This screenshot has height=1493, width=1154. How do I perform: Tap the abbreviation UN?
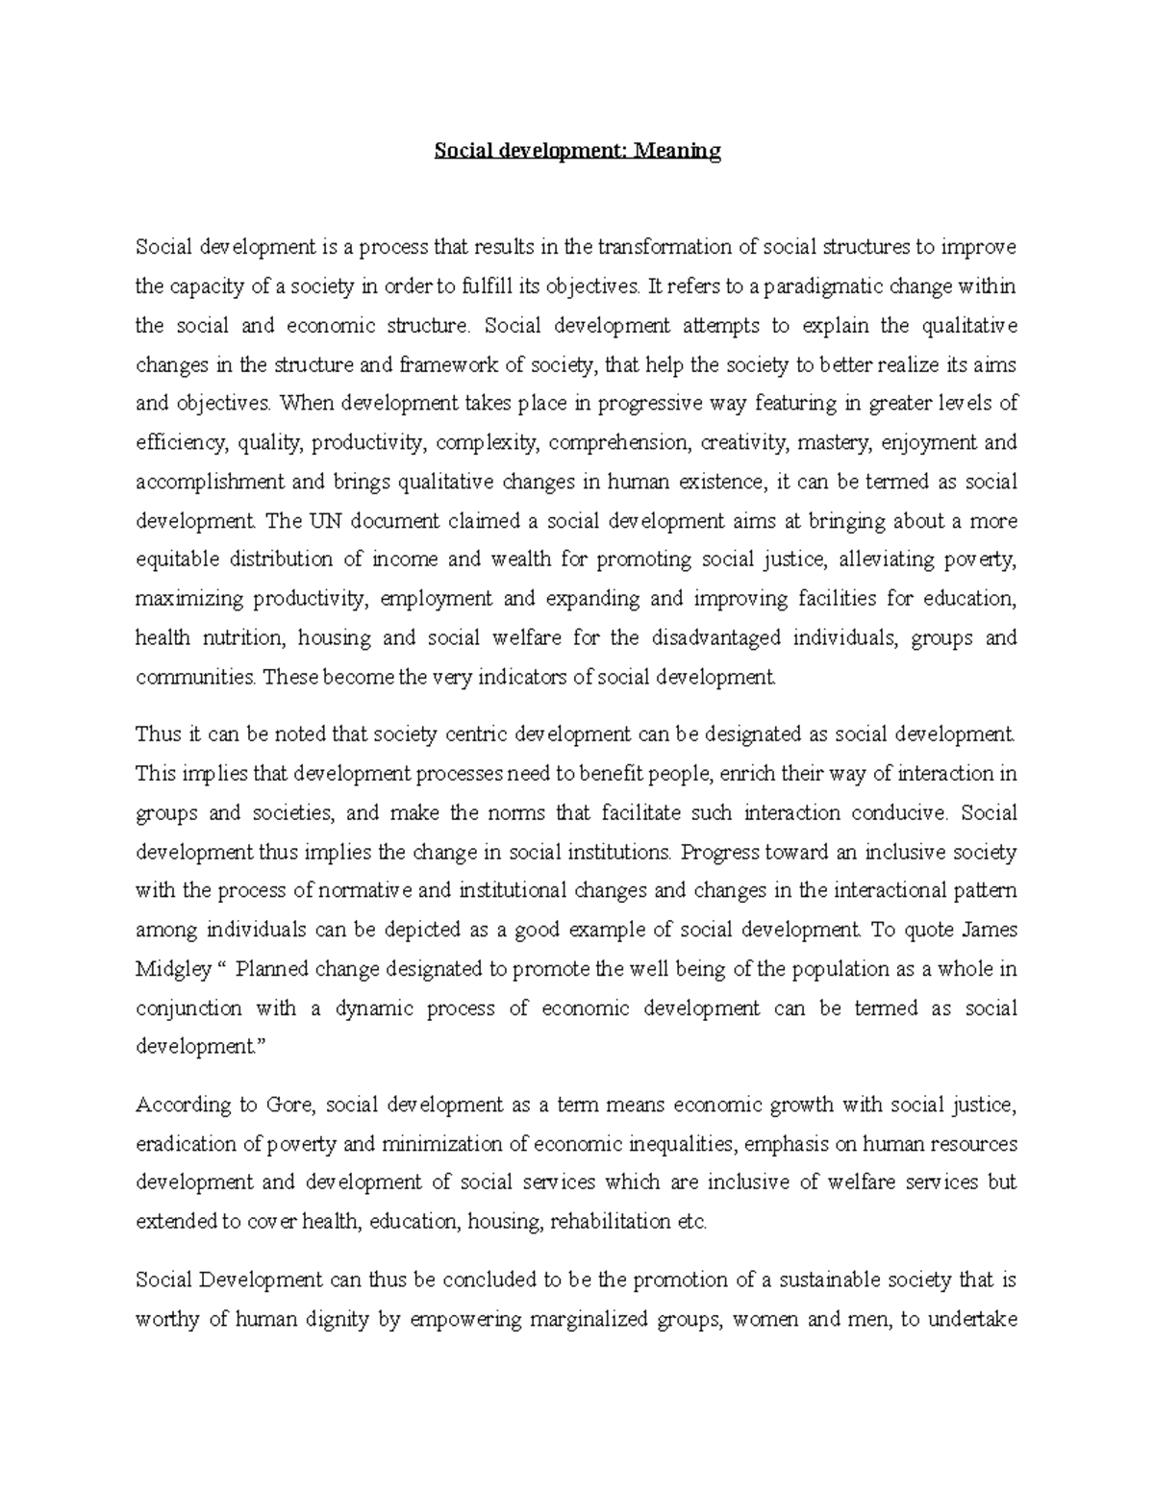click(x=326, y=521)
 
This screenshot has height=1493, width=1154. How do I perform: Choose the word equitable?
click(x=177, y=560)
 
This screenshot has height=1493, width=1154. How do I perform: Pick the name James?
click(x=989, y=931)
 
